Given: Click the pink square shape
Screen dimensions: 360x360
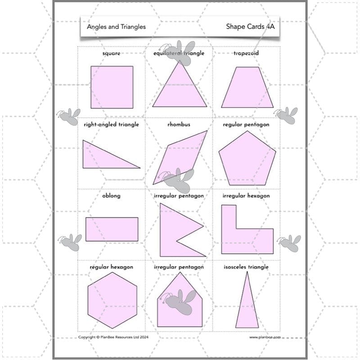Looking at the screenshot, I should point(112,87).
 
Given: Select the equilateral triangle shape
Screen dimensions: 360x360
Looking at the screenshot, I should point(180,90).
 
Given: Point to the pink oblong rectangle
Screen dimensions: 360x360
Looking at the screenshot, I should point(112,229).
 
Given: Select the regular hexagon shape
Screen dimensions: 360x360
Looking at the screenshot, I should point(112,301).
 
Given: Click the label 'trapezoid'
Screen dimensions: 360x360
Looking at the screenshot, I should point(246,54).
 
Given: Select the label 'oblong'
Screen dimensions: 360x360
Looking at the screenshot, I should point(111,196).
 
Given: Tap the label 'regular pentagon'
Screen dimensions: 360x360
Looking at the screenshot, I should point(246,125).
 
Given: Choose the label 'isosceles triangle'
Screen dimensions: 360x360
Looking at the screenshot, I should point(246,267).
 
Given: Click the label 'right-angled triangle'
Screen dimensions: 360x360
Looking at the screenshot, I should point(111,125).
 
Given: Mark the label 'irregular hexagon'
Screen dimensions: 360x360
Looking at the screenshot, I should point(246,196).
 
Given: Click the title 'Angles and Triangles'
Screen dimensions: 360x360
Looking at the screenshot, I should point(116,27).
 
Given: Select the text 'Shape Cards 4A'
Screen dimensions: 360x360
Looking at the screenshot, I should point(250,27).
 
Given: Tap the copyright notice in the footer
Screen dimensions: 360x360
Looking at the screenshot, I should point(113,337).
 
